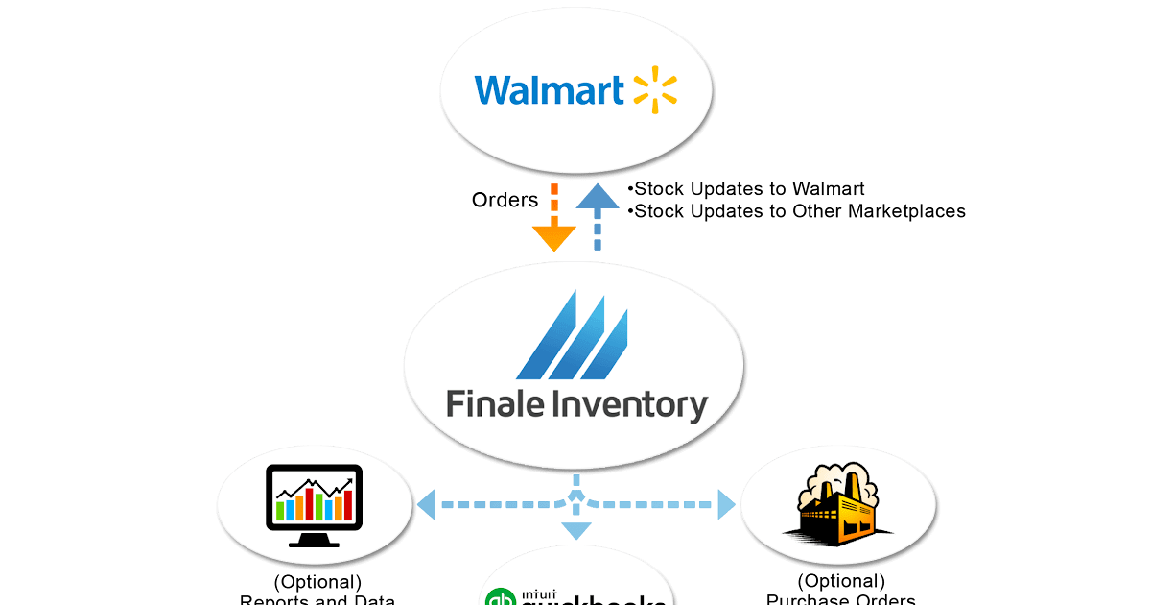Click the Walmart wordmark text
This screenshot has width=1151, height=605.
point(550,89)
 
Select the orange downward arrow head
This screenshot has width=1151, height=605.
point(553,237)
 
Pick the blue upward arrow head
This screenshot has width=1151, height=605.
point(599,198)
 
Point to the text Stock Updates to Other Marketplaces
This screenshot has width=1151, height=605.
point(799,211)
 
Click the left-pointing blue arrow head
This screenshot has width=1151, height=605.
point(425,503)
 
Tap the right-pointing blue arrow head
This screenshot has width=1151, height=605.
point(726,503)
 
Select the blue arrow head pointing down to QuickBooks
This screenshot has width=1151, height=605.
point(575,531)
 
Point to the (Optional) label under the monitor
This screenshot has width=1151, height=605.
point(317,581)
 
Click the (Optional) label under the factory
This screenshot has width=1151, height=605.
point(840,581)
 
